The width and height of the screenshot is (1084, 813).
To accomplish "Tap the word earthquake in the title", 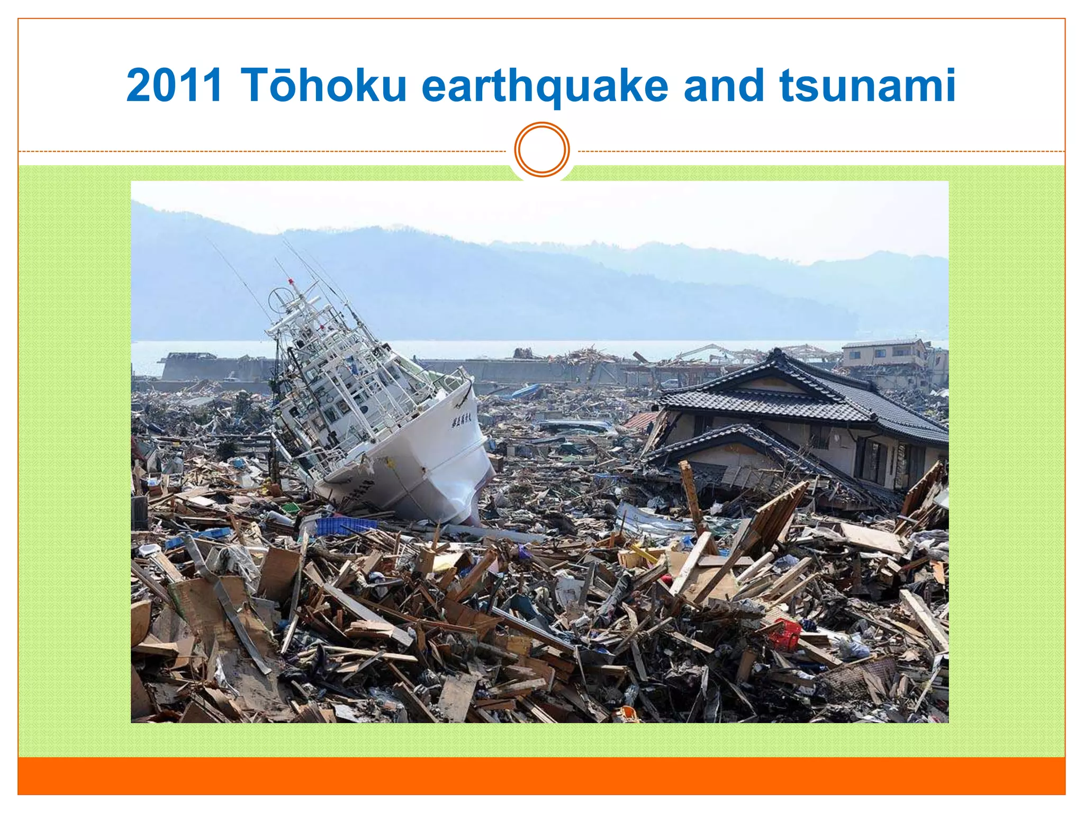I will [545, 86].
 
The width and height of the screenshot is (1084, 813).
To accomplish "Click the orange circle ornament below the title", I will [542, 149].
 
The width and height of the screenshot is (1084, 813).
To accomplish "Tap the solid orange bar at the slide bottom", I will [542, 776].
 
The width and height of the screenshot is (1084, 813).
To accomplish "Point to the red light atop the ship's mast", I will [291, 281].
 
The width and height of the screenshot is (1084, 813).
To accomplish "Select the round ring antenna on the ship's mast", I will [279, 301].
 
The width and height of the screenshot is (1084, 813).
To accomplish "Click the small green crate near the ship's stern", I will [291, 508].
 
